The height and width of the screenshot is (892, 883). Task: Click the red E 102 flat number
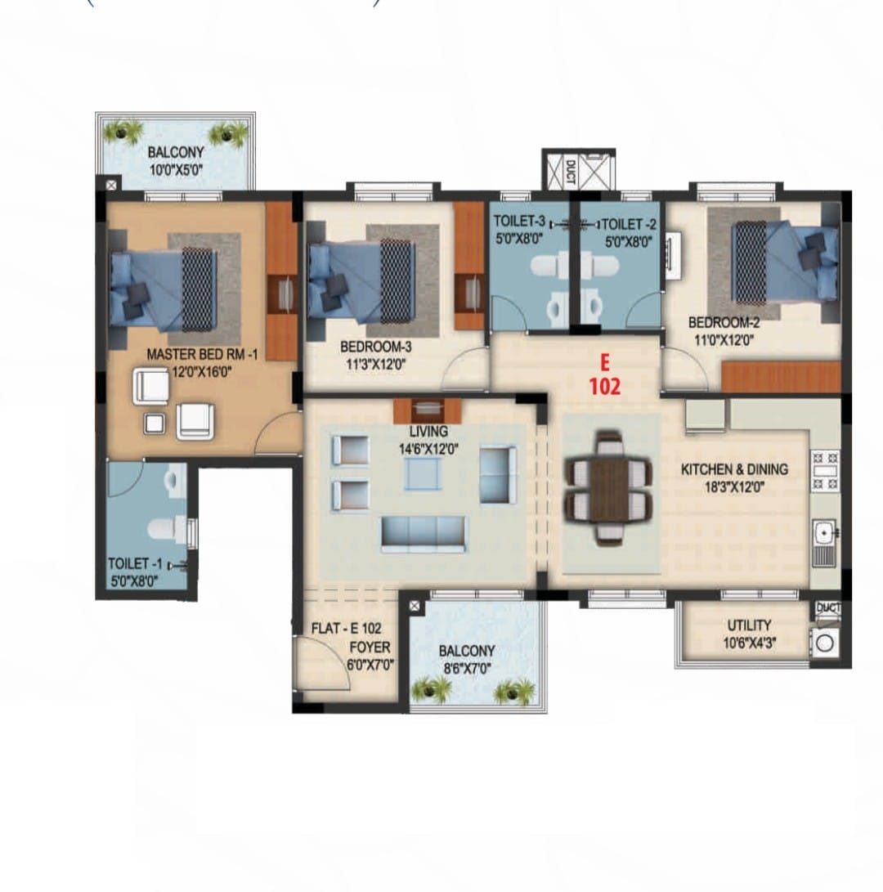pyautogui.click(x=604, y=375)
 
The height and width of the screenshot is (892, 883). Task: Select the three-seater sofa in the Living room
pyautogui.click(x=424, y=534)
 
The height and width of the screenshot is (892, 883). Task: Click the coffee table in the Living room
pyautogui.click(x=422, y=474)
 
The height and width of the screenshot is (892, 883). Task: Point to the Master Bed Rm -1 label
pyautogui.click(x=202, y=354)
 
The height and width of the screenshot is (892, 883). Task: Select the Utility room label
pyautogui.click(x=749, y=625)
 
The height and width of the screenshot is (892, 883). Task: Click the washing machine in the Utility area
pyautogui.click(x=824, y=643)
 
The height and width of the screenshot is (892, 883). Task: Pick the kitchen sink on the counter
pyautogui.click(x=823, y=542)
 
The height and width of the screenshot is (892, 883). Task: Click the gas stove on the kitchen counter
pyautogui.click(x=824, y=470)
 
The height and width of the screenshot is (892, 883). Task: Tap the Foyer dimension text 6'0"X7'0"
pyautogui.click(x=370, y=665)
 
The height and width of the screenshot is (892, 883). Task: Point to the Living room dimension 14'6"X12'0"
pyautogui.click(x=428, y=450)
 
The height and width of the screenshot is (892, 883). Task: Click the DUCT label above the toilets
pyautogui.click(x=570, y=172)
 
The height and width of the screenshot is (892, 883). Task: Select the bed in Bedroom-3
pyautogui.click(x=361, y=282)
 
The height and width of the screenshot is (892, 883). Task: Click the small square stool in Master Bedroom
pyautogui.click(x=155, y=424)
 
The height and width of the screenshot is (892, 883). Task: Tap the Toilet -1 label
pyautogui.click(x=135, y=564)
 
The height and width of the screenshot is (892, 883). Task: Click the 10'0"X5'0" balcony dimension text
pyautogui.click(x=176, y=169)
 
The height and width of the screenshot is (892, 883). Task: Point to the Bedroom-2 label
pyautogui.click(x=724, y=323)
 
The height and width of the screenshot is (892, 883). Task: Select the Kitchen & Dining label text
pyautogui.click(x=734, y=469)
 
